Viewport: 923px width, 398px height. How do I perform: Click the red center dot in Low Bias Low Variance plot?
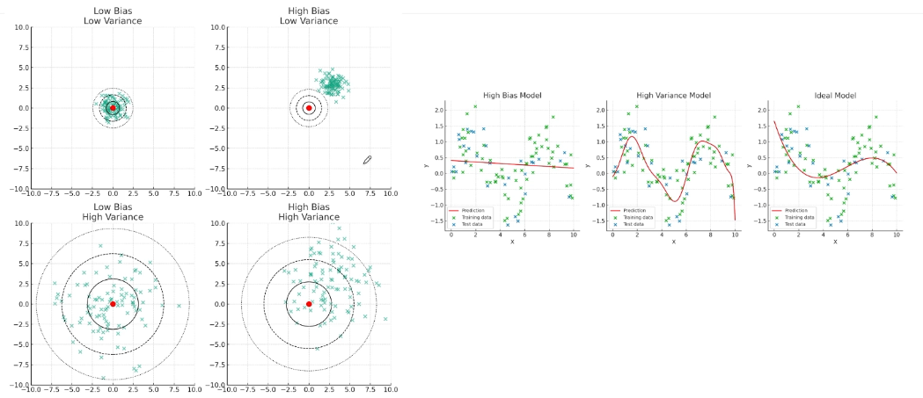pyautogui.click(x=113, y=108)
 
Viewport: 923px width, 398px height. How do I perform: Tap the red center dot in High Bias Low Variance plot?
pyautogui.click(x=309, y=108)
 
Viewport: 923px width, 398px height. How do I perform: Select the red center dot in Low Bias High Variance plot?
pyautogui.click(x=113, y=304)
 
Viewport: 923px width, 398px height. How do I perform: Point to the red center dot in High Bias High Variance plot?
pyautogui.click(x=309, y=304)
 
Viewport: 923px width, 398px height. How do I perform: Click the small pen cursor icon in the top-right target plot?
pyautogui.click(x=368, y=159)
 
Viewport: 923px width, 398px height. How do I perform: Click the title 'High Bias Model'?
pyautogui.click(x=512, y=94)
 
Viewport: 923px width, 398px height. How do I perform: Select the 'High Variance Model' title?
pyautogui.click(x=674, y=94)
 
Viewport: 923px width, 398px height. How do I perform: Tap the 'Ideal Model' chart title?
pyautogui.click(x=835, y=94)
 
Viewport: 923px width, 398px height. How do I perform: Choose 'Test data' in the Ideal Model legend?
pyautogui.click(x=796, y=221)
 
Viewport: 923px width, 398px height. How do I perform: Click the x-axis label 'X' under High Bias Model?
pyautogui.click(x=512, y=242)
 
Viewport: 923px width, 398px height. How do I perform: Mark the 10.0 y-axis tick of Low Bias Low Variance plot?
pyautogui.click(x=20, y=28)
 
